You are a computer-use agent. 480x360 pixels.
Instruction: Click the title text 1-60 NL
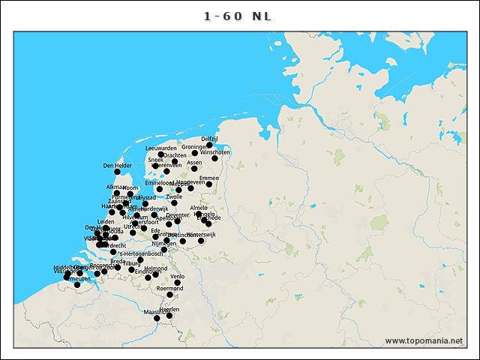(240, 16)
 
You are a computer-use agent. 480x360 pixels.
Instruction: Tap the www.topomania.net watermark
(424, 340)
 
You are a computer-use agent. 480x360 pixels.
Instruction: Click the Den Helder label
(118, 166)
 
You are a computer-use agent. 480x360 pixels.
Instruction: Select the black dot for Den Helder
(117, 172)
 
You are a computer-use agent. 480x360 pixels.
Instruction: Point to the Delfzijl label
(209, 139)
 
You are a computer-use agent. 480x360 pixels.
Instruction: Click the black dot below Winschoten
(215, 158)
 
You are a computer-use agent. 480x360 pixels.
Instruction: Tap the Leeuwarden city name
(161, 148)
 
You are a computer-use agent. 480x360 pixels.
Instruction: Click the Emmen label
(209, 178)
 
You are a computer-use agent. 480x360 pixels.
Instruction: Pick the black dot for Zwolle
(174, 202)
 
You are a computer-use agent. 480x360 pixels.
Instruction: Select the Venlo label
(178, 277)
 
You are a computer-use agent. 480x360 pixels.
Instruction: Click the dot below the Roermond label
(170, 295)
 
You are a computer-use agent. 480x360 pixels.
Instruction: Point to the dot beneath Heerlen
(169, 315)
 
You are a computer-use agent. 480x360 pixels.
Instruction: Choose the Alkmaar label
(116, 187)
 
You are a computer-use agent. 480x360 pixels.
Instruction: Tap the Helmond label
(156, 268)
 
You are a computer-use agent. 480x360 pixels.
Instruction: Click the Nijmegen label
(163, 244)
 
